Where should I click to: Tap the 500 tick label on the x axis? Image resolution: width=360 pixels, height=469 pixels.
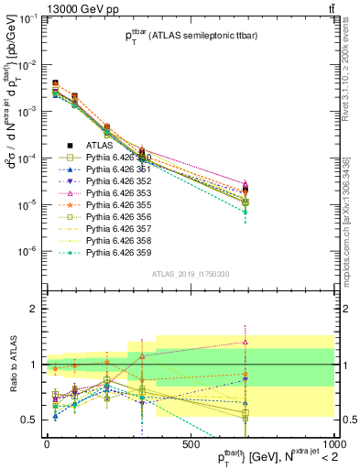[191, 444]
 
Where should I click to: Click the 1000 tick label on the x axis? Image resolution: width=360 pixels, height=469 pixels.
[332, 444]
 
